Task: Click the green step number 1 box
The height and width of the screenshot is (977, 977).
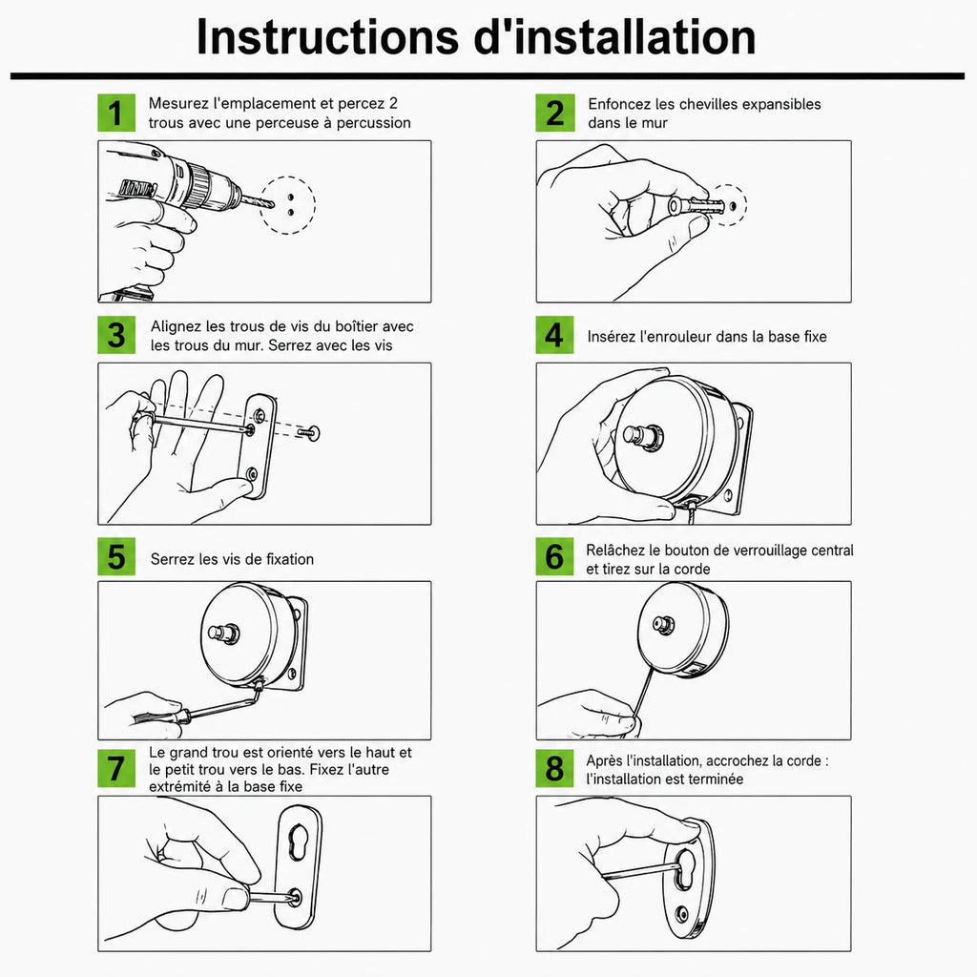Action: point(116,113)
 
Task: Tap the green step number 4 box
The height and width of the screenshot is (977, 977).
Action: point(554,335)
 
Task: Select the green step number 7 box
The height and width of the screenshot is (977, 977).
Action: point(116,768)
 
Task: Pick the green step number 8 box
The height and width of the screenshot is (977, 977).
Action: point(554,768)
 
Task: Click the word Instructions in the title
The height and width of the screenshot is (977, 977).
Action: point(328,37)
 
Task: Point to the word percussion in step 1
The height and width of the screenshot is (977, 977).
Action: point(374,123)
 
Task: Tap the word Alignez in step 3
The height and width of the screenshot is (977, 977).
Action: point(176,327)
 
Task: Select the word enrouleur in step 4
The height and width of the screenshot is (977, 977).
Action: point(672,337)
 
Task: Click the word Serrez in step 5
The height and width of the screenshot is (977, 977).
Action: point(172,559)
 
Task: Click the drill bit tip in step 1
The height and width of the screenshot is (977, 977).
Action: point(273,204)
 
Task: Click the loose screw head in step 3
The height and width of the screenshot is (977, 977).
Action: point(313,432)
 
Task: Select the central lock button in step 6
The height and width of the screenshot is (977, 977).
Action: point(663,624)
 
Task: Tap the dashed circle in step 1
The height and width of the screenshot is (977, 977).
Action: point(288,206)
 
